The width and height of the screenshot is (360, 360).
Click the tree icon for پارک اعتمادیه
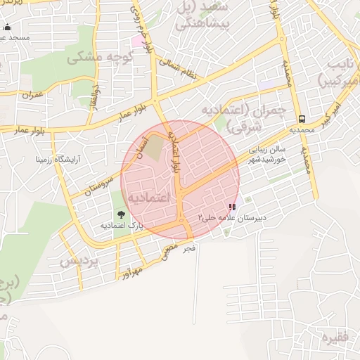[121, 214]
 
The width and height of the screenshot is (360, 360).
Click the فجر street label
[188, 248]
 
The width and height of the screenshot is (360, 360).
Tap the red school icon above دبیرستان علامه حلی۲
[232, 208]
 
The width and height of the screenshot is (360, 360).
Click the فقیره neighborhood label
[335, 338]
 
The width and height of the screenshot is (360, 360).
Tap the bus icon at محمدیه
[302, 118]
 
